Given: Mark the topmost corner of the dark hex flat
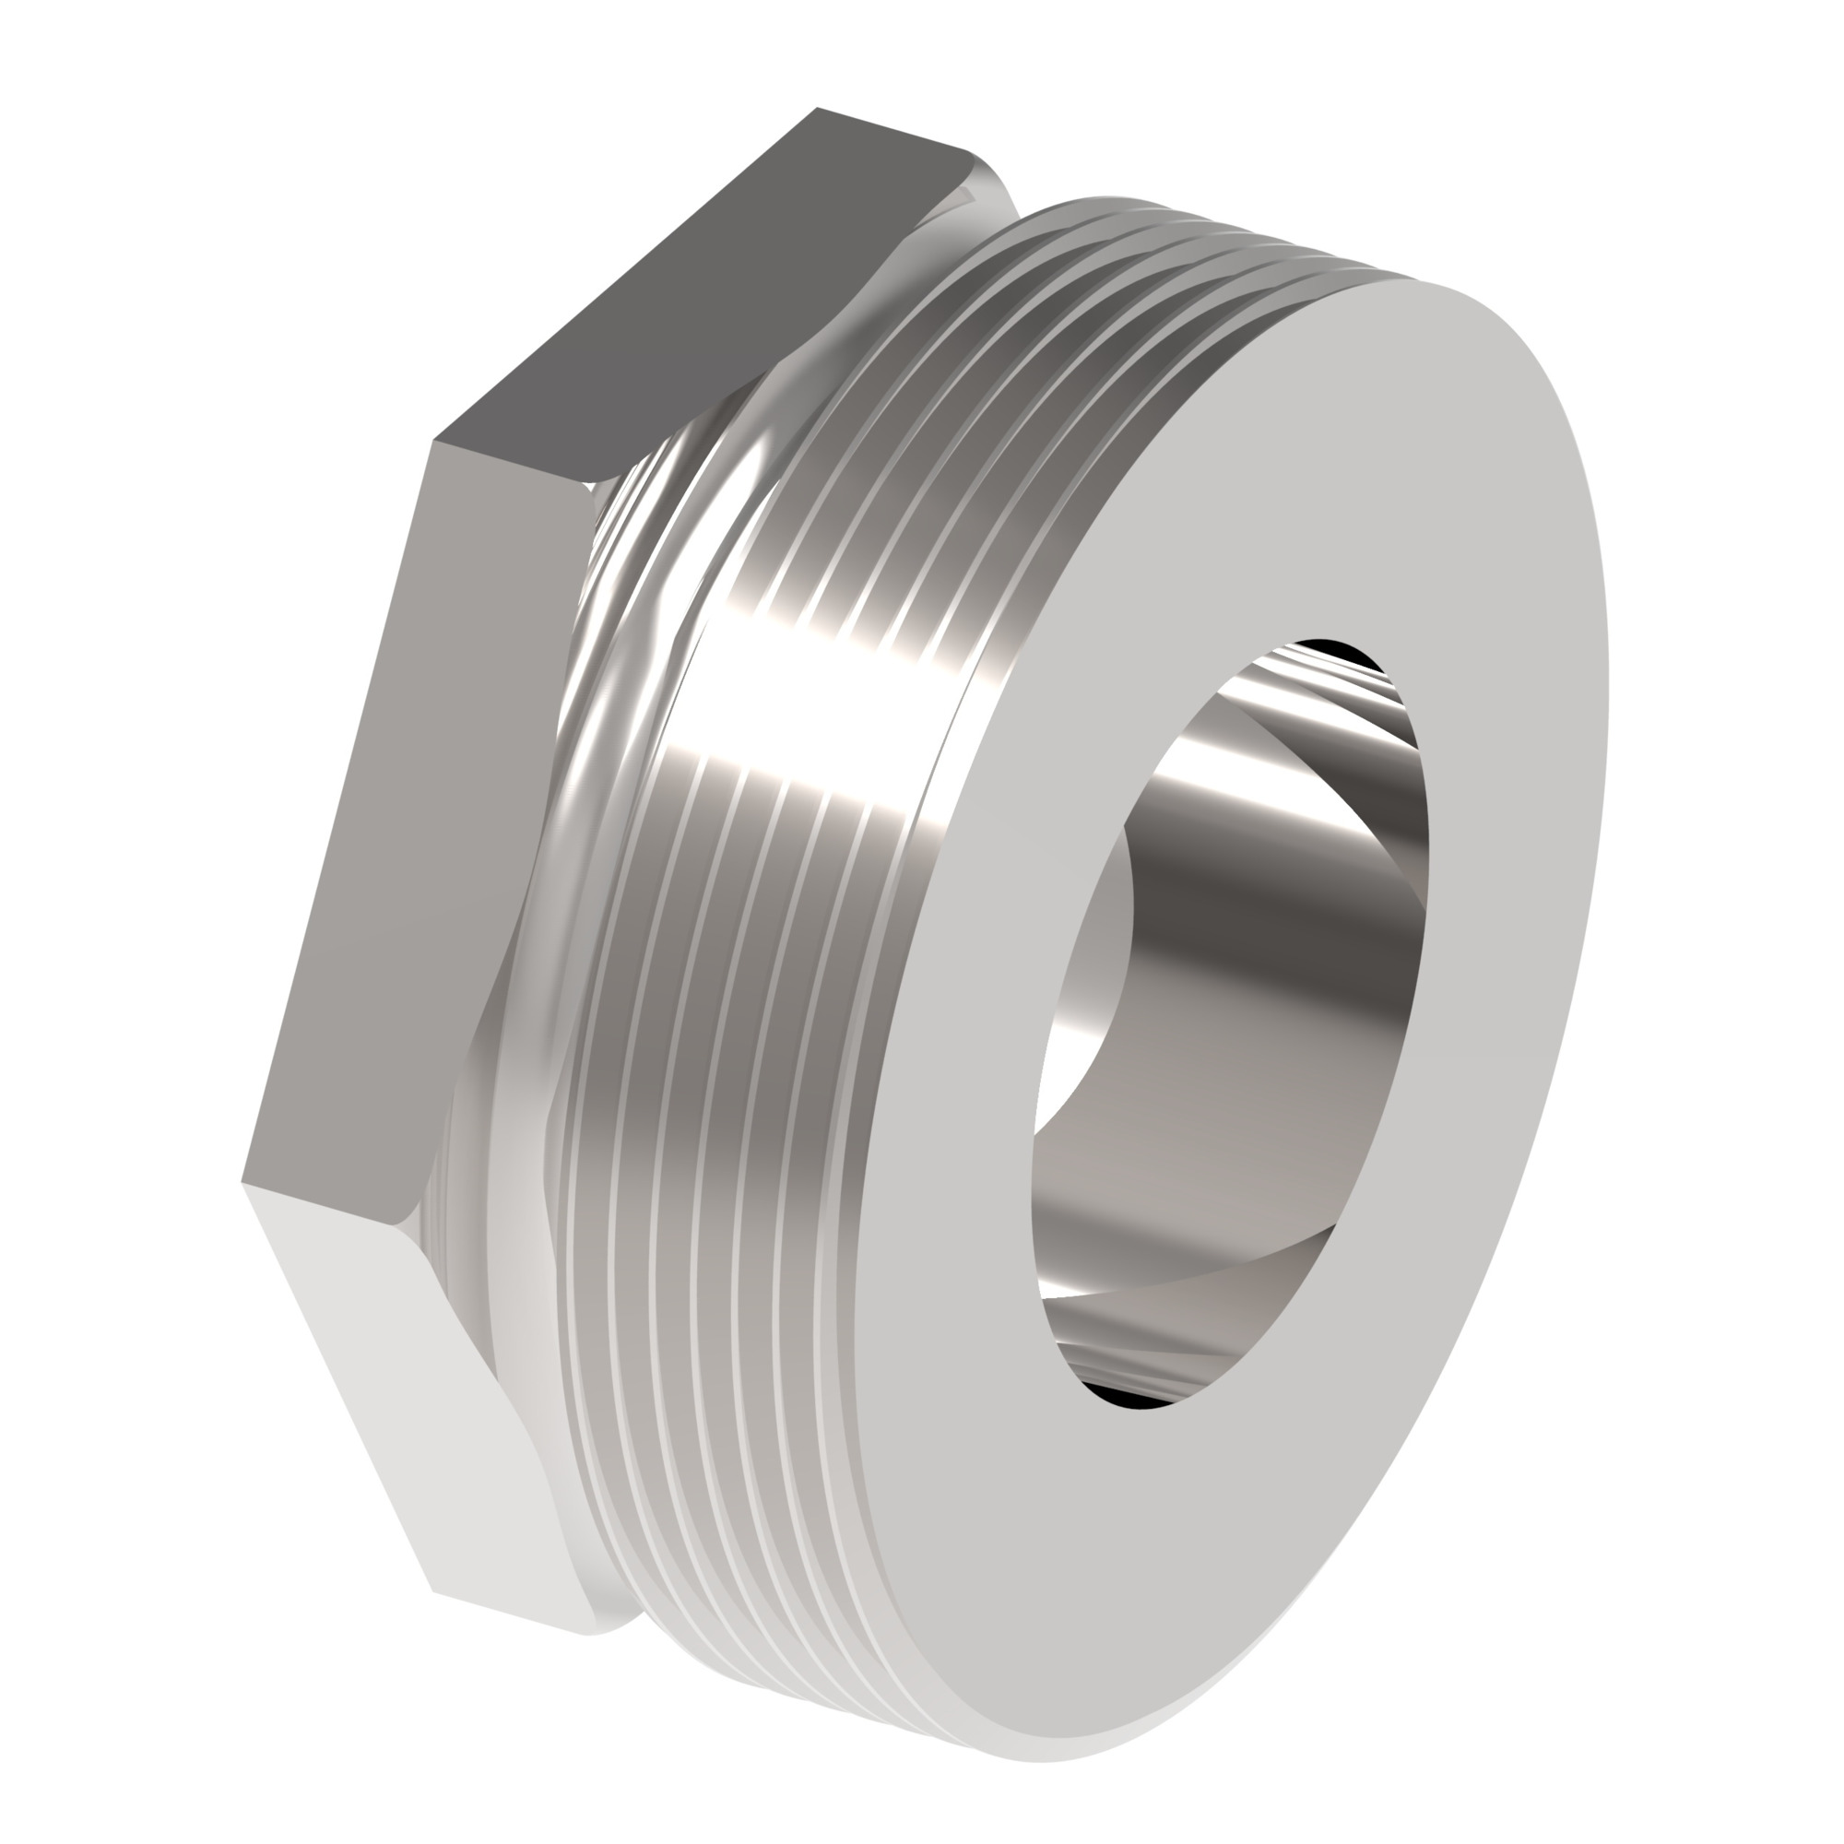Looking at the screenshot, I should point(817,108).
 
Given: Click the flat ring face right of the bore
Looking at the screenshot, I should point(1518,859).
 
